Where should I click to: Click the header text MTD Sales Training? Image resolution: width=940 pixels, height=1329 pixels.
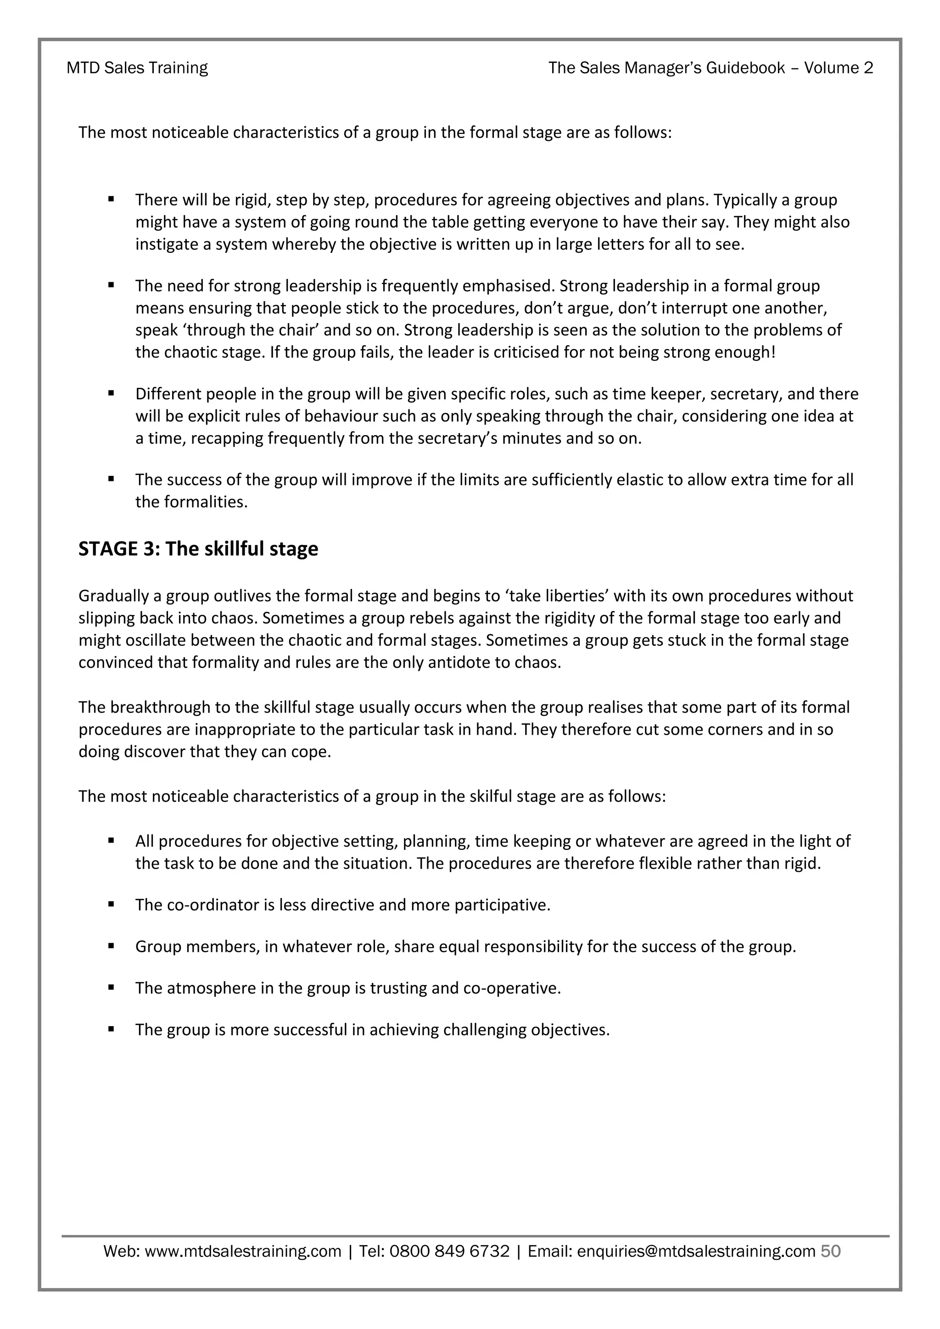(137, 68)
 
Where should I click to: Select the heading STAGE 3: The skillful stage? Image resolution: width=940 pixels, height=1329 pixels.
(198, 548)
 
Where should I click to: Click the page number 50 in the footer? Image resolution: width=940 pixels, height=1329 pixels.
(831, 1251)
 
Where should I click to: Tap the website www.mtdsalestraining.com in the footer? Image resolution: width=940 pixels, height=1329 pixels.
(242, 1251)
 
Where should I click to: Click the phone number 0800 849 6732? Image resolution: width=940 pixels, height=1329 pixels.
(449, 1251)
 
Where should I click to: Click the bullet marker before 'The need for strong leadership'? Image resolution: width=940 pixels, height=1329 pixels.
(111, 285)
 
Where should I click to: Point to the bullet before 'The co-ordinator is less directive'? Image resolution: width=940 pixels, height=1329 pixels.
(111, 904)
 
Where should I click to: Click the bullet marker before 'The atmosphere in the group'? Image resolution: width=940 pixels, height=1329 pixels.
(111, 987)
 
